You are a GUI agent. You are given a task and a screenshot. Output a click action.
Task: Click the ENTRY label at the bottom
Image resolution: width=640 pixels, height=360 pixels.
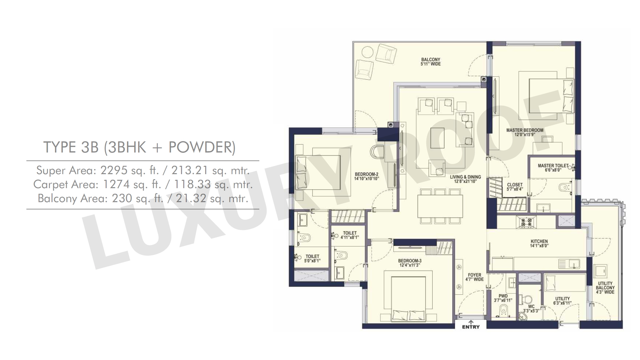[471, 327]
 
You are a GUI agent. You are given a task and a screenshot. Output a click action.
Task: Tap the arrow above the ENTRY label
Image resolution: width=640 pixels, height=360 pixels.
[471, 322]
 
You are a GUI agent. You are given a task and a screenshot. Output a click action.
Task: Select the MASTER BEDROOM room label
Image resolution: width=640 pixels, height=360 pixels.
[525, 130]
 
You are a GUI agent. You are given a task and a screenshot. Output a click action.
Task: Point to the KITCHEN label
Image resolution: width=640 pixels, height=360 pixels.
[539, 241]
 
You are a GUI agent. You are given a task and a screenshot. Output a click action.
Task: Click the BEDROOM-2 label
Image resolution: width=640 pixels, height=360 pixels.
[366, 174]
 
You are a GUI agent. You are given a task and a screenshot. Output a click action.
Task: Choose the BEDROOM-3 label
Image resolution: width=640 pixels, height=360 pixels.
[410, 261]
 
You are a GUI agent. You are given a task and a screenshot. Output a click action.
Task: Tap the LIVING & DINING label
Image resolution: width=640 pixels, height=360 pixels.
[465, 177]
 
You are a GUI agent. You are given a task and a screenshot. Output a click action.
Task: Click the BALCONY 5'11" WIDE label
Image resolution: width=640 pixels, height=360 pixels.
[431, 62]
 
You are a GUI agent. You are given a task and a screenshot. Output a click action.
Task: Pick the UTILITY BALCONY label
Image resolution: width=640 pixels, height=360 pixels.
[605, 286]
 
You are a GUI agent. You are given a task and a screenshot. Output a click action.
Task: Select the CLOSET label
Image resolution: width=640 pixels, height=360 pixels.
[515, 185]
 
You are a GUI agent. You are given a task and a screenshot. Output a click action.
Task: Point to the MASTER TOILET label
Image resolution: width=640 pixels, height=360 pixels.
[553, 166]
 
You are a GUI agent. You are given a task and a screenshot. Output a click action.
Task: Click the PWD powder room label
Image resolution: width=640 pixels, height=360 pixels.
[503, 296]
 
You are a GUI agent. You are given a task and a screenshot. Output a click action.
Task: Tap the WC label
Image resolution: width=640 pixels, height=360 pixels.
[531, 307]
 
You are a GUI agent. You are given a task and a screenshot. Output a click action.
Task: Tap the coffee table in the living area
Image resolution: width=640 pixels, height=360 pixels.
[437, 138]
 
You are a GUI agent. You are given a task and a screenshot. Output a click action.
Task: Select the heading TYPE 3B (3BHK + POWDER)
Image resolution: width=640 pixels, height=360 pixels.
[139, 147]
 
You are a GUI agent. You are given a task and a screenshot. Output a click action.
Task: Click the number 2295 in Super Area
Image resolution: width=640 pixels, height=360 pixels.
[114, 170]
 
